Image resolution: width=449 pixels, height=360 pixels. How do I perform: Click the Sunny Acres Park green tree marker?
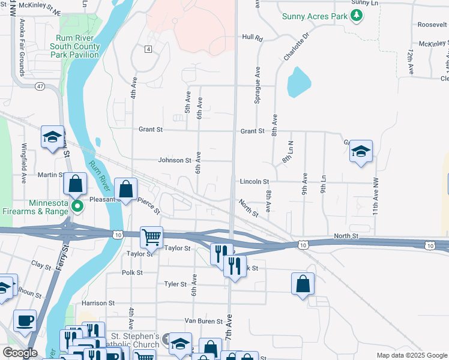pos(357,16)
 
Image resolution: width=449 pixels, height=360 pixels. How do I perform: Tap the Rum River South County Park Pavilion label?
pos(74,46)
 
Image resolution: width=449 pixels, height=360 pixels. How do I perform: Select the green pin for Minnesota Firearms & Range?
pos(77,207)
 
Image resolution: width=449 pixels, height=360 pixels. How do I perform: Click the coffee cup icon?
pos(25,320)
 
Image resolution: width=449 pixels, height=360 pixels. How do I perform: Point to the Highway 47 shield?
pos(40,86)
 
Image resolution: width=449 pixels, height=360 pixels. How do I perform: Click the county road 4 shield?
pos(147,49)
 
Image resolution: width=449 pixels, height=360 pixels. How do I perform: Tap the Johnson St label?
pos(174,161)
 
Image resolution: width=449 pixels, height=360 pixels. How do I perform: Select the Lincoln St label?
pos(254,181)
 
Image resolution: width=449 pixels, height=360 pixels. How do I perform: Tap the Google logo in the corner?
pos(20,353)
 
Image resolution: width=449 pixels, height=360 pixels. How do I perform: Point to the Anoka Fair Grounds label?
pos(22,47)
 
